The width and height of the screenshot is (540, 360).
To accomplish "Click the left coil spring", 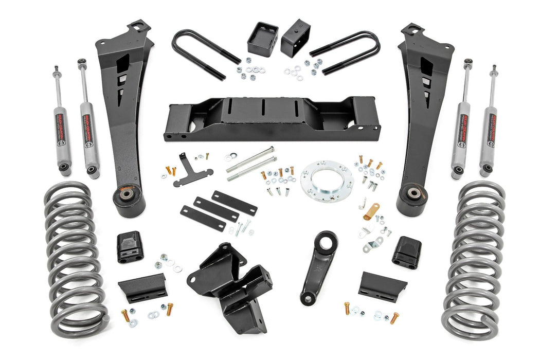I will [x=75, y=257].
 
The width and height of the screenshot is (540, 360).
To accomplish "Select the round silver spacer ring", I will [x=327, y=177].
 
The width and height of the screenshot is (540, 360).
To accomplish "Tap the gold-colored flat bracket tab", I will [x=371, y=211].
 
